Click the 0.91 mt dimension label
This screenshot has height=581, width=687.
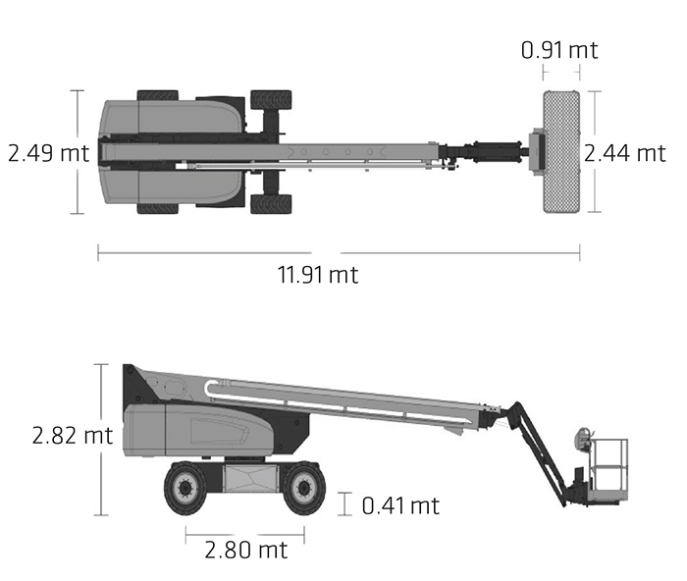click(559, 50)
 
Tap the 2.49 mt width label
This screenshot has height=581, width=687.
click(49, 153)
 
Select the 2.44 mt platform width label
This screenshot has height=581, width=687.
click(625, 153)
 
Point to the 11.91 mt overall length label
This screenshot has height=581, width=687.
click(318, 275)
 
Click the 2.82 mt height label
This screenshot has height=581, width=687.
click(73, 436)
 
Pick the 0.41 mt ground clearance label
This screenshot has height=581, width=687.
click(400, 505)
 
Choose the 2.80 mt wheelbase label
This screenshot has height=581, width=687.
click(246, 550)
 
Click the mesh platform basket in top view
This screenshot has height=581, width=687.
click(561, 152)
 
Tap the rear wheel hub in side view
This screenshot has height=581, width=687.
click(185, 487)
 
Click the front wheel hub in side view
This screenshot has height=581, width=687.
click(303, 488)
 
